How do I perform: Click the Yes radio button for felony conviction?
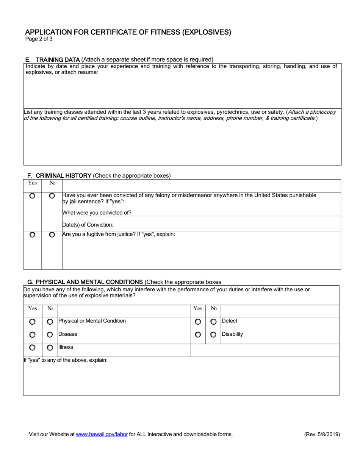point(33,196)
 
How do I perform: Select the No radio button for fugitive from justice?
point(52,235)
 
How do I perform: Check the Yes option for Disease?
point(33,335)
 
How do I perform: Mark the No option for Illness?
point(50,348)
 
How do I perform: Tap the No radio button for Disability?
point(213,335)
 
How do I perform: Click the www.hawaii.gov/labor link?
point(102,435)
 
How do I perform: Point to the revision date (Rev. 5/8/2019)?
point(322,435)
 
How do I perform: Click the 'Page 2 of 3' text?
point(39,39)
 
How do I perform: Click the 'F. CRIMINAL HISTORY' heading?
point(59,176)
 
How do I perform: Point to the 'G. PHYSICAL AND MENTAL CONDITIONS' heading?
point(85,282)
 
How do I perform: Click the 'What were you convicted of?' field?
point(201,213)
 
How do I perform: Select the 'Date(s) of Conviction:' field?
point(201,225)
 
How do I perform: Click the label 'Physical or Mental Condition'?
point(92,321)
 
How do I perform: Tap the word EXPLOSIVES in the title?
point(207,32)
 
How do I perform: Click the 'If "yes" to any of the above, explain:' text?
point(66,360)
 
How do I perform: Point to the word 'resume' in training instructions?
point(88,72)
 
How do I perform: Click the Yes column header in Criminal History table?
point(33,183)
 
